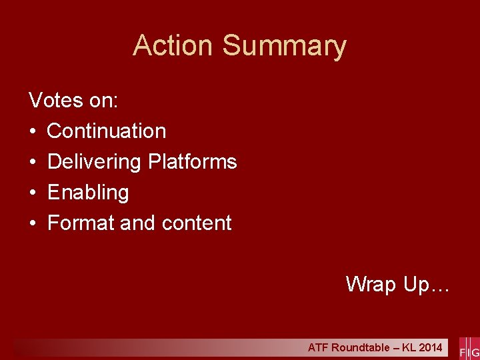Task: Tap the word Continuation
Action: [107, 131]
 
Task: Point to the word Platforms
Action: [193, 161]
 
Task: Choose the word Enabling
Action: [88, 193]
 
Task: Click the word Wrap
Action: [371, 285]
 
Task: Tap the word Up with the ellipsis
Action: [427, 285]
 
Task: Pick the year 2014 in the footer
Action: [430, 347]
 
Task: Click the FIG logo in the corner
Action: [469, 348]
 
